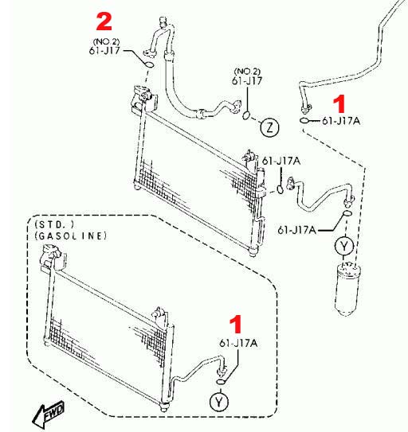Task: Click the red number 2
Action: tap(104, 21)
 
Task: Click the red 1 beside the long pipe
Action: tap(339, 104)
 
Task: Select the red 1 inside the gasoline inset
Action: tap(235, 324)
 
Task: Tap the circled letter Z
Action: tap(269, 127)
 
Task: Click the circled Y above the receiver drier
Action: tap(344, 246)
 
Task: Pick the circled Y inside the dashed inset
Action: tap(219, 402)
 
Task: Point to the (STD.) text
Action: tap(54, 224)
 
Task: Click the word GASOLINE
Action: tap(71, 235)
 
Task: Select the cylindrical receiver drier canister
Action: tap(347, 289)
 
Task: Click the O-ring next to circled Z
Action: tap(246, 115)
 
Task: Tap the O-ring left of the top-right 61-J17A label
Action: tap(304, 120)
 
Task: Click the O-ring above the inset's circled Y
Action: tap(221, 382)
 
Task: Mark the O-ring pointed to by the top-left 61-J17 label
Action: tap(149, 64)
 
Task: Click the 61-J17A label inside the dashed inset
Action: tap(238, 343)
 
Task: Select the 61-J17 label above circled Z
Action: tap(247, 81)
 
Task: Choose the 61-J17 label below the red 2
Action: tap(104, 51)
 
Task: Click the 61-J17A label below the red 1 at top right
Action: tap(342, 121)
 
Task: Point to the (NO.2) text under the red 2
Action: tap(107, 41)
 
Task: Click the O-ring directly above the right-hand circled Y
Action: tap(347, 213)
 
